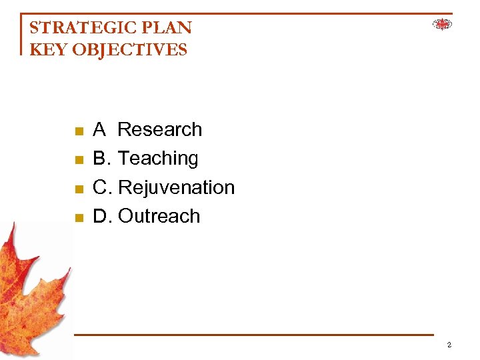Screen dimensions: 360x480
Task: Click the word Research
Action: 159,129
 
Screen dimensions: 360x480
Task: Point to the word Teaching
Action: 158,159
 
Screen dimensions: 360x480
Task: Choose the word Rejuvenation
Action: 176,188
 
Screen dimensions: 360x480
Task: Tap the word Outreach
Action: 159,217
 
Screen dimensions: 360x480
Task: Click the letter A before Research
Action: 99,129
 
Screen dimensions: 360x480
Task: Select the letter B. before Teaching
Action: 102,159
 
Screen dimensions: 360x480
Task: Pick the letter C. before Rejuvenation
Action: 103,188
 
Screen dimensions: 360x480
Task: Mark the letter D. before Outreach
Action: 103,217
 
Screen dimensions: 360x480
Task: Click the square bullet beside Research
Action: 78,131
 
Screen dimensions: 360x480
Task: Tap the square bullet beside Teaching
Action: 78,160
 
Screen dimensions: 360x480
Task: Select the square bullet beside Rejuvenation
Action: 78,189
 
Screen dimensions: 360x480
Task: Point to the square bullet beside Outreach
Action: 78,218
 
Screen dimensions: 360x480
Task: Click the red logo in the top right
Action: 442,25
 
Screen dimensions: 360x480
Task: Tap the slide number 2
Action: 449,345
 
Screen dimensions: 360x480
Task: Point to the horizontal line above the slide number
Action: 253,335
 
